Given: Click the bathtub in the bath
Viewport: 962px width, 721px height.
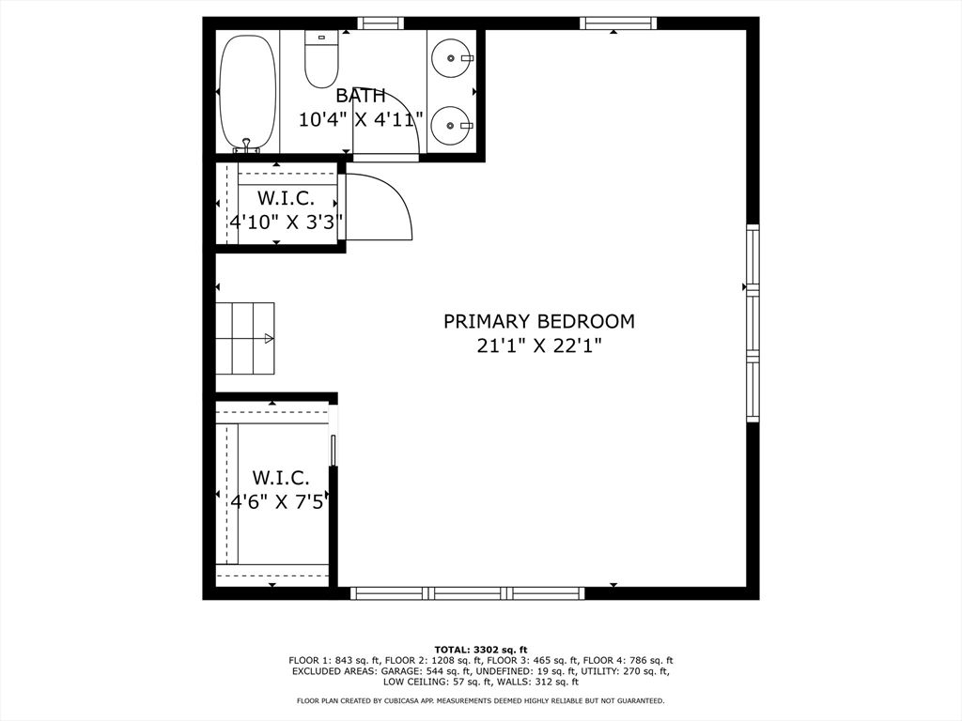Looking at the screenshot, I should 248,93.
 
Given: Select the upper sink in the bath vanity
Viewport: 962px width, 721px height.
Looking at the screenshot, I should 453,58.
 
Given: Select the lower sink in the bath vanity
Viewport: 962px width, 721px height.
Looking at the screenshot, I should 453,124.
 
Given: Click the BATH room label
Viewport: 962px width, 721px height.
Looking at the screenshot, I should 361,95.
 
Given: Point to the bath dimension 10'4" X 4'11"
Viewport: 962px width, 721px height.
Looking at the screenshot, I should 361,119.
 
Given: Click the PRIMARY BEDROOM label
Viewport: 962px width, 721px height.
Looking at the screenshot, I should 538,321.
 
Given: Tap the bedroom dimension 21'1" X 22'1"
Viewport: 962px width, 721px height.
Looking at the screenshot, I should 538,345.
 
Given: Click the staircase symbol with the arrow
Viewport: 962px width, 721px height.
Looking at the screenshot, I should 245,338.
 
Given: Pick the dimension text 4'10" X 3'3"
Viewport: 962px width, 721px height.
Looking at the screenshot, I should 286,222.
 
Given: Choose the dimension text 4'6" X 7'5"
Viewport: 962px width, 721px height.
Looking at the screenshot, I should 280,501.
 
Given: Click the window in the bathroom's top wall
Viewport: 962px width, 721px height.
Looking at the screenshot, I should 380,23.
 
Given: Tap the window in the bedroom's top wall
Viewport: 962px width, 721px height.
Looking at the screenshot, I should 618,23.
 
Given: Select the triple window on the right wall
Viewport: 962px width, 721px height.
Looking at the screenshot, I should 753,323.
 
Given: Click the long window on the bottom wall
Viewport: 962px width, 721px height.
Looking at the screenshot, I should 467,593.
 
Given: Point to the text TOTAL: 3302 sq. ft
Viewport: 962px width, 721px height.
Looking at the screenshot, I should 480,650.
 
